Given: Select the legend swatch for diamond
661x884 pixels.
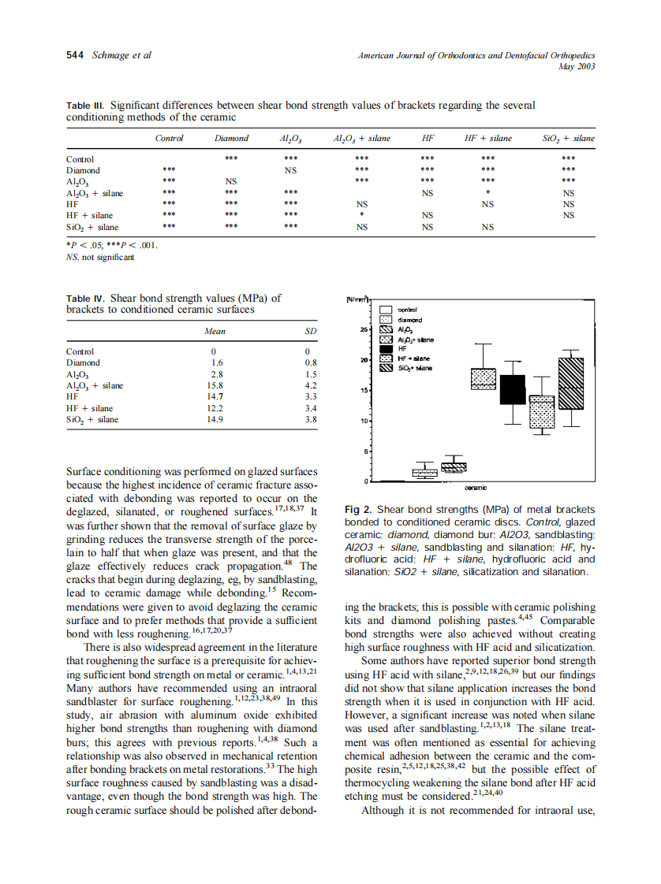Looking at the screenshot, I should [x=387, y=320].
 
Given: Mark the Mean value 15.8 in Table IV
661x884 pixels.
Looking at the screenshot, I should [x=214, y=386].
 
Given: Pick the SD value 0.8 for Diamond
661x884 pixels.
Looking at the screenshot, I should [x=311, y=363].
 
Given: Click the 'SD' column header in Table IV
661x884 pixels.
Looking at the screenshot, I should [x=311, y=332].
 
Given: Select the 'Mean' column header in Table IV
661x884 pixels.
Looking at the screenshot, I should [x=214, y=332].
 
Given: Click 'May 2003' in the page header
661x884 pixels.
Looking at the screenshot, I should [x=579, y=66].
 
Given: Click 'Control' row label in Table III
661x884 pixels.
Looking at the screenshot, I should [x=80, y=159].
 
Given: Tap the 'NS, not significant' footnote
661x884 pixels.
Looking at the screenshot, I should [x=100, y=256].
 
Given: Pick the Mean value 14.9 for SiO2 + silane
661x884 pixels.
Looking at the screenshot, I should [x=214, y=420].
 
